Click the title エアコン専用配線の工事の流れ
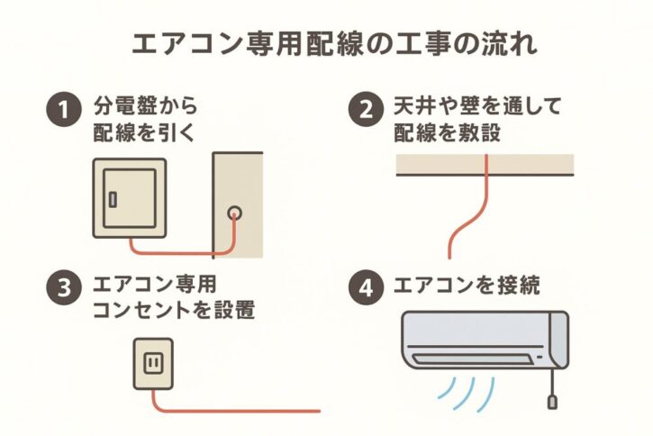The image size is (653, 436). click(325, 45)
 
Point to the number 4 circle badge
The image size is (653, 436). click(364, 289)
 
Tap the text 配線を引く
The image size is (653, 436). click(144, 132)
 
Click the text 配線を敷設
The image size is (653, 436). click(447, 132)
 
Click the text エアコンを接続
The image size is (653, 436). click(467, 289)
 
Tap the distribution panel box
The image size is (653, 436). click(129, 198)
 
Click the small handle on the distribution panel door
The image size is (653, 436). click(113, 200)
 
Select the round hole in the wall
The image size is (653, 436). click(234, 213)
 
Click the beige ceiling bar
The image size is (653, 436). click(485, 163)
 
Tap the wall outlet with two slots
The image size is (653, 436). click(151, 363)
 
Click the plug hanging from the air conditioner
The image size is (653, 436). click(550, 397)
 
